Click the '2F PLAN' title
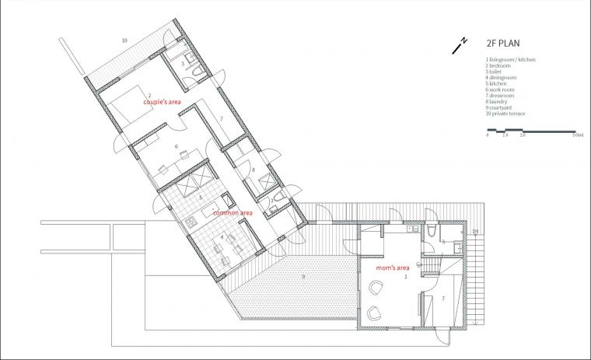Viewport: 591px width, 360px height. [503, 44]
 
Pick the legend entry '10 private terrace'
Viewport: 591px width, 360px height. [505, 114]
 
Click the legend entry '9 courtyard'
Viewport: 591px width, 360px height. [499, 108]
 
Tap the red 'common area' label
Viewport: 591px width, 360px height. [233, 212]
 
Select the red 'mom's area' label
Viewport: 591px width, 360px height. [392, 267]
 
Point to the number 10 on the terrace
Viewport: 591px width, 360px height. [124, 39]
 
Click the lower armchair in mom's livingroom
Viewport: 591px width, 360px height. [374, 313]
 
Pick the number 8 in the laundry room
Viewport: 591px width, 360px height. [254, 169]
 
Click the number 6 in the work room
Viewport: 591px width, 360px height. [176, 146]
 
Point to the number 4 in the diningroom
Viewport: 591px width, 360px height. [222, 236]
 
